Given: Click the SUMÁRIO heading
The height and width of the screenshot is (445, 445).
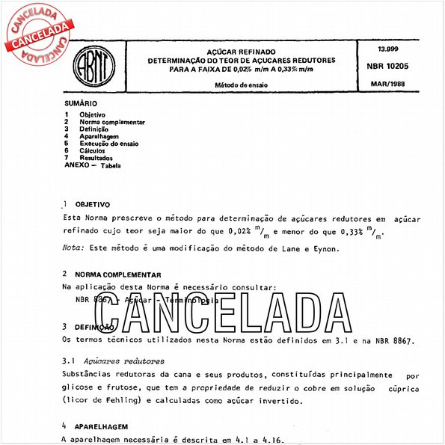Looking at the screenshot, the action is [x=80, y=103].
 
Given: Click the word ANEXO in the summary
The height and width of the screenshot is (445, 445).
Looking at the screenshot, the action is [x=77, y=165].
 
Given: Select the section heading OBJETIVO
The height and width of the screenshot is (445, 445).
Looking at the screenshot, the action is [x=94, y=204].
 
